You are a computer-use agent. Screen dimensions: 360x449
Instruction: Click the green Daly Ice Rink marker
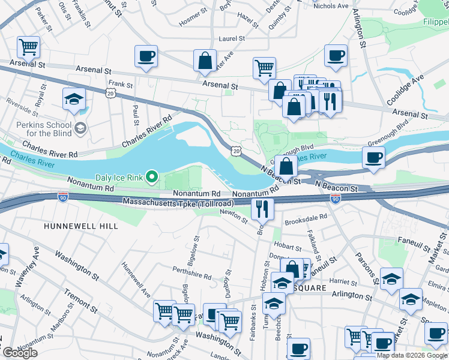pyautogui.click(x=152, y=176)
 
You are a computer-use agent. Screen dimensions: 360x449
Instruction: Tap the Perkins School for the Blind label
pyautogui.click(x=37, y=128)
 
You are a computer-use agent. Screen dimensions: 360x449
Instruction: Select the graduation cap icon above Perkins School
pyautogui.click(x=74, y=100)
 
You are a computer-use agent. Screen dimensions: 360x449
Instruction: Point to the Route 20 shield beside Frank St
pyautogui.click(x=109, y=92)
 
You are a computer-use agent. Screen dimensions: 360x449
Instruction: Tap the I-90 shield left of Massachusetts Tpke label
pyautogui.click(x=63, y=197)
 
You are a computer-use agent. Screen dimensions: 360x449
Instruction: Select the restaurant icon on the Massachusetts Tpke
pyautogui.click(x=262, y=208)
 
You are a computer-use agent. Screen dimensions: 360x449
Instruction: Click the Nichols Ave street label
pyautogui.click(x=330, y=6)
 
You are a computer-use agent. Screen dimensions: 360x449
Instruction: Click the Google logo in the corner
pyautogui.click(x=20, y=353)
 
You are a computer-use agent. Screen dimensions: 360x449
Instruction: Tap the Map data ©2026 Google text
pyautogui.click(x=412, y=355)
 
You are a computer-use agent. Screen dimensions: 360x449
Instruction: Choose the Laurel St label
pyautogui.click(x=232, y=38)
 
